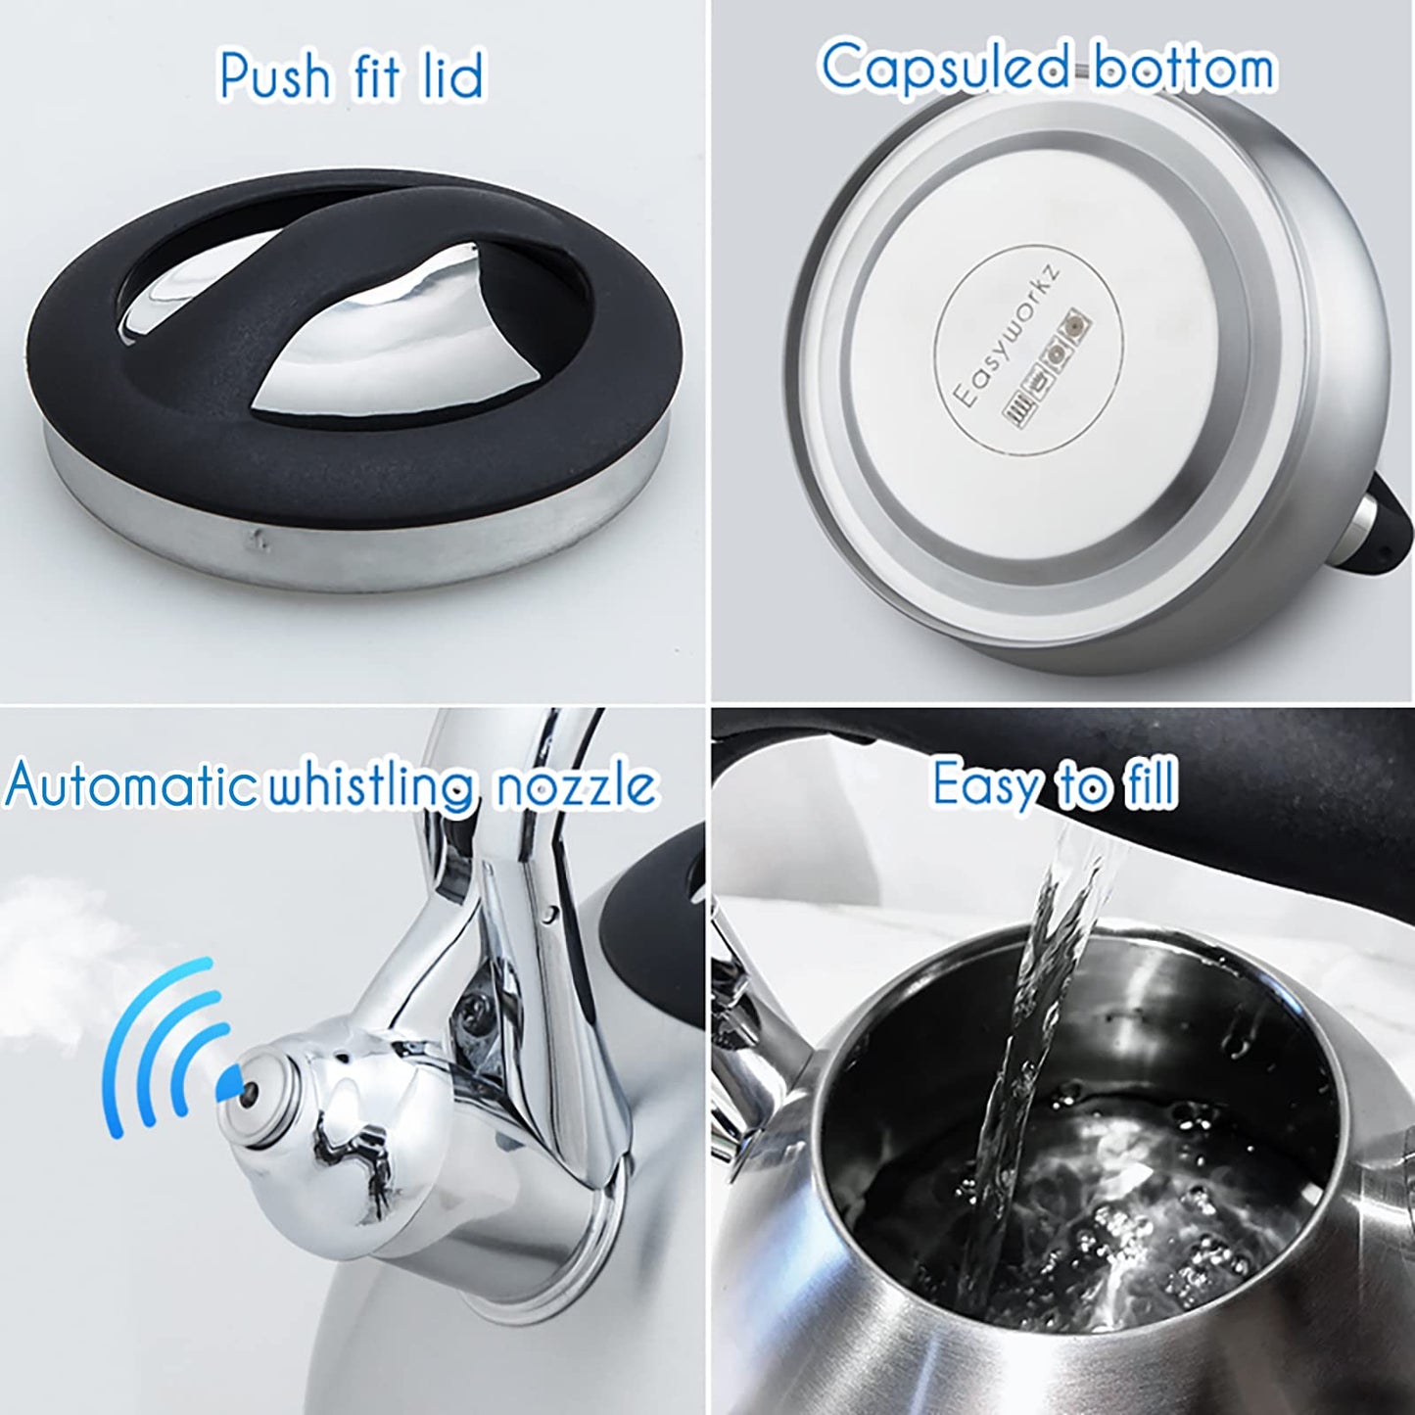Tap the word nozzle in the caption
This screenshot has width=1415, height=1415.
pos(574,786)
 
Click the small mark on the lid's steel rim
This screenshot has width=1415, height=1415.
pos(257,535)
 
